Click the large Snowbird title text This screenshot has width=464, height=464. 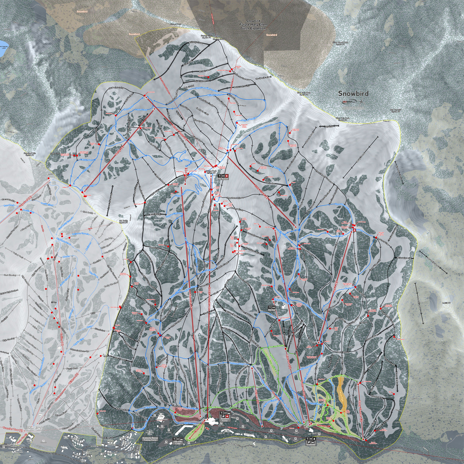coord(353,94)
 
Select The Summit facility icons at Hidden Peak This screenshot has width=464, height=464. coord(223,176)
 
